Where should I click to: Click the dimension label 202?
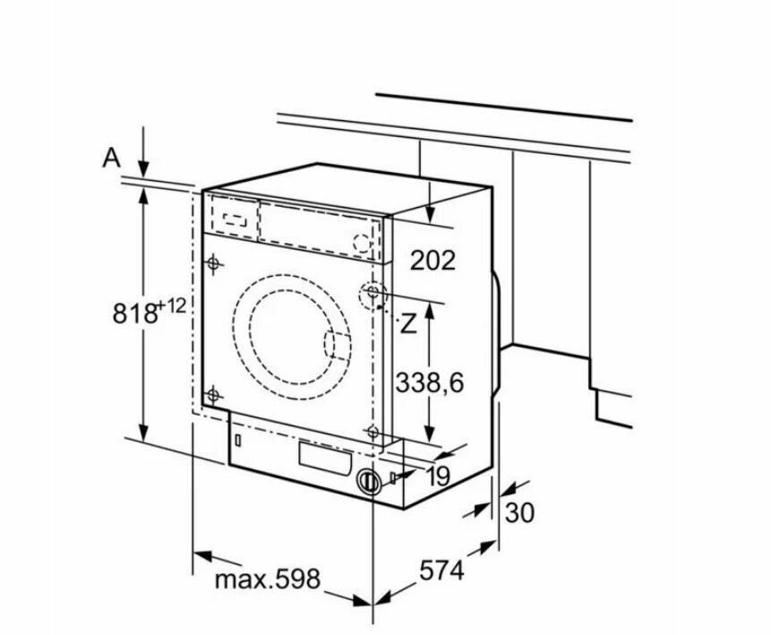433,261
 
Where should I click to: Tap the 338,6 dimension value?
430,382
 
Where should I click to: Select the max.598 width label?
268,579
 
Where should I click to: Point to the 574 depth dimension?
441,571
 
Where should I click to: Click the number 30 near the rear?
519,513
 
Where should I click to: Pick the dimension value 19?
439,476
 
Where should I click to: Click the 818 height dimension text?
134,313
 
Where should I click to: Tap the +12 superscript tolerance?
172,306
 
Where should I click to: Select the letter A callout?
112,158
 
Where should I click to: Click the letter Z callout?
407,323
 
